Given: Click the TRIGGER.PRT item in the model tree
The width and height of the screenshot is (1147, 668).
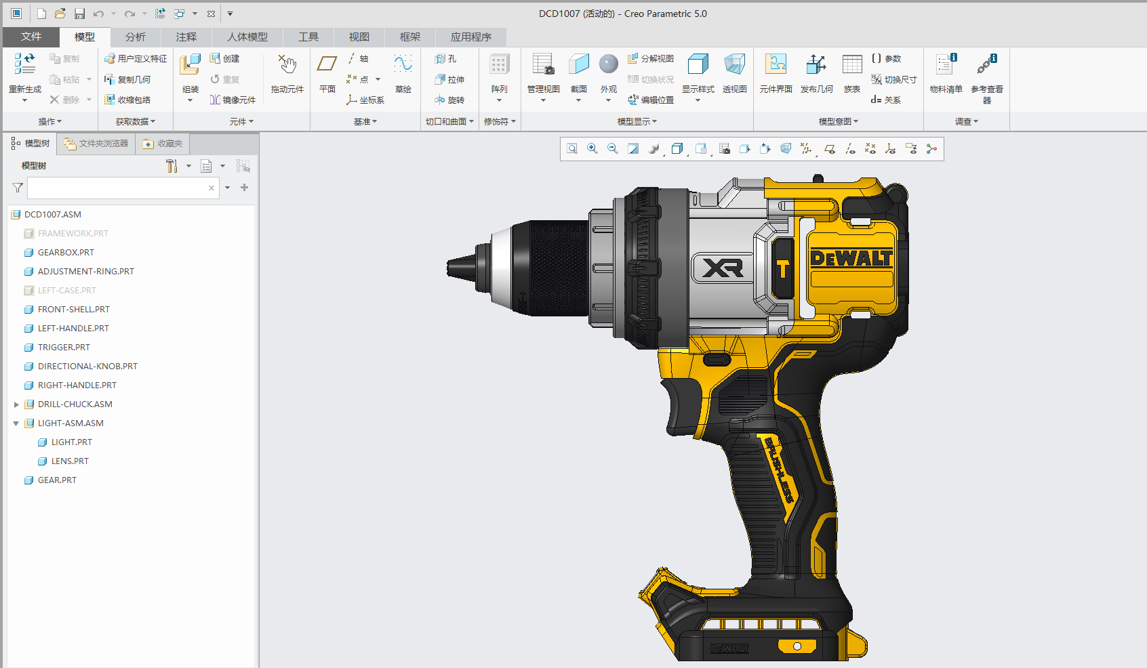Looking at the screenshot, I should (64, 347).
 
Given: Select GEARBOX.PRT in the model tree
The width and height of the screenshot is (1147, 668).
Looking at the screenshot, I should (66, 252).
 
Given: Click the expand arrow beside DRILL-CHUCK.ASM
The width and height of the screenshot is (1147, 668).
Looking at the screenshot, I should (16, 404).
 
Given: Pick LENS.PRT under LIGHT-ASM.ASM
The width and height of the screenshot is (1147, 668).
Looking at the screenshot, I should (70, 461).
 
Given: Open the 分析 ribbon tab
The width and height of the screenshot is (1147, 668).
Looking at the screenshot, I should (135, 37).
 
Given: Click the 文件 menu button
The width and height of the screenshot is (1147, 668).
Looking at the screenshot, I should (31, 37).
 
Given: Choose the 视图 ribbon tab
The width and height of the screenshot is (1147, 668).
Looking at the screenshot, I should (359, 37).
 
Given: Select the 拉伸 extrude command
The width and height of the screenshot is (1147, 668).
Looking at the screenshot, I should (450, 79).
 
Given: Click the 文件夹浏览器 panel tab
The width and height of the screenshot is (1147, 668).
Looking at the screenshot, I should (96, 144).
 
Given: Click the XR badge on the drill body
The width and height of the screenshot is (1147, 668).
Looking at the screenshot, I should (723, 268).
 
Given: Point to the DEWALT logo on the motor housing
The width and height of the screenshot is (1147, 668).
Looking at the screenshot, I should (851, 258).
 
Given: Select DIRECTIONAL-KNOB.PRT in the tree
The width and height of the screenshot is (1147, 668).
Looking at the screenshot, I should (87, 366).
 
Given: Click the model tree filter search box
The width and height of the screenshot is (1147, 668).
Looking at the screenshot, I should (117, 188).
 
